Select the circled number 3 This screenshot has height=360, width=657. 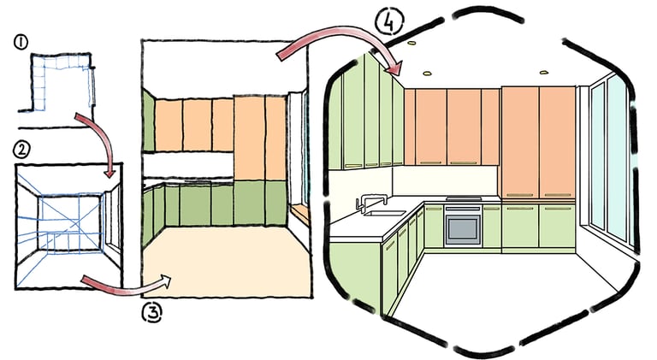click(152, 312)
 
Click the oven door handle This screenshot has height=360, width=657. click(463, 215)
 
